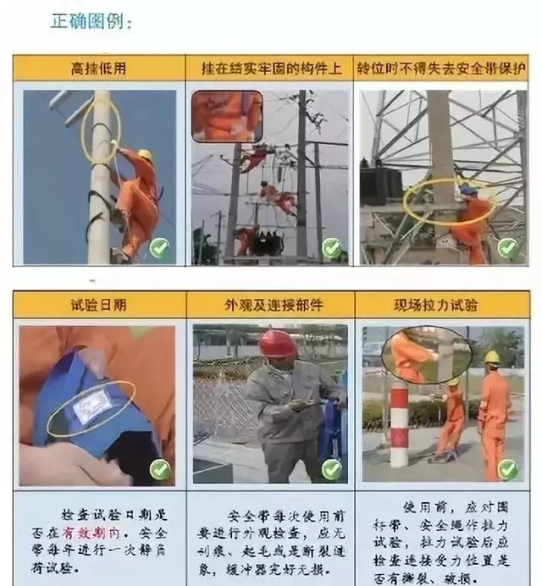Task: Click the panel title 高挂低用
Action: [98, 69]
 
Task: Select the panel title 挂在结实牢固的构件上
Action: [268, 69]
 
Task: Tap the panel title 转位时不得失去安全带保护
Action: [440, 69]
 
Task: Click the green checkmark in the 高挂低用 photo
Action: [158, 247]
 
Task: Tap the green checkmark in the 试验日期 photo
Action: [159, 468]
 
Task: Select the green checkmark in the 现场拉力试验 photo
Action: [506, 468]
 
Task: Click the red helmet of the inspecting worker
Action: [277, 344]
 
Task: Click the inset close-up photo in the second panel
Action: [226, 116]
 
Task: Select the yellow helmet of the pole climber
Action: [145, 156]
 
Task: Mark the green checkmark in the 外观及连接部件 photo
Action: [331, 468]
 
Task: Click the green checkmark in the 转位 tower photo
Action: [506, 247]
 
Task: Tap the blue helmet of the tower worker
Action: [467, 191]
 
